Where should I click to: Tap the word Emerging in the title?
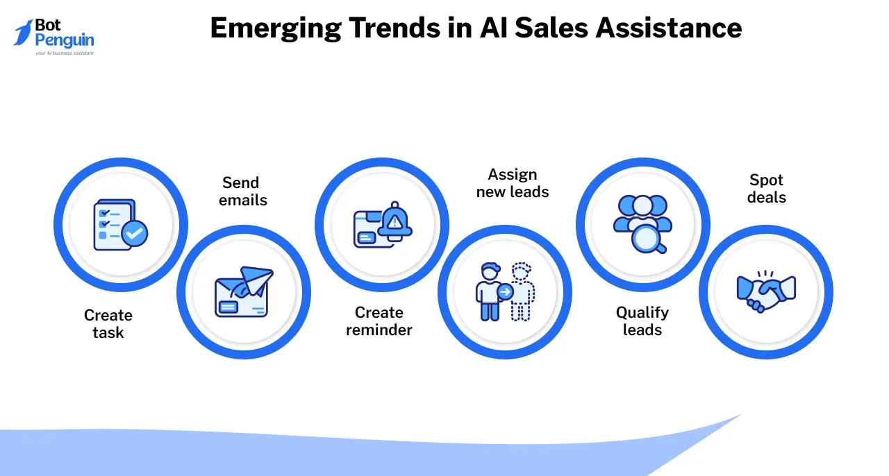point(276,29)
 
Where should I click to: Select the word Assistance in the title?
point(668,28)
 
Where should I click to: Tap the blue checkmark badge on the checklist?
point(135,233)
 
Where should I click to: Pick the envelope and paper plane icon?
point(244,292)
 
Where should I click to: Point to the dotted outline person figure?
point(522,291)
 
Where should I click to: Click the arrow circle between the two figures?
point(505,292)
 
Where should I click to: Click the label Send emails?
point(242,192)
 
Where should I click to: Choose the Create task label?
point(108,323)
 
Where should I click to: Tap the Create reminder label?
point(379,321)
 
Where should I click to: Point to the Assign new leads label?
point(513,183)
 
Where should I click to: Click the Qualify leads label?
point(642,321)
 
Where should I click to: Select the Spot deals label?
point(766,189)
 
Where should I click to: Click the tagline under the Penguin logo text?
point(65,53)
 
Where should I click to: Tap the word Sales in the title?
point(551,28)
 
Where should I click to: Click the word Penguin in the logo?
point(65,40)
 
